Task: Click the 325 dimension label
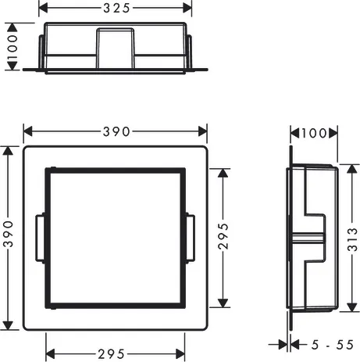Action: pyautogui.click(x=116, y=8)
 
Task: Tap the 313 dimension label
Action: pyautogui.click(x=352, y=239)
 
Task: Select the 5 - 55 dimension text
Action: pyautogui.click(x=333, y=345)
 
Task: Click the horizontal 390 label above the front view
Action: pyautogui.click(x=116, y=131)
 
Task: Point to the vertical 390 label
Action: pyautogui.click(x=9, y=234)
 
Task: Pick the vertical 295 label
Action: pyautogui.click(x=223, y=236)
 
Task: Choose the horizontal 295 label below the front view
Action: pyautogui.click(x=111, y=354)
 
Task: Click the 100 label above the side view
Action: pyautogui.click(x=314, y=133)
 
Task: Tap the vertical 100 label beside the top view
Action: pyautogui.click(x=12, y=47)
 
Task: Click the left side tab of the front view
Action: pyautogui.click(x=40, y=238)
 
